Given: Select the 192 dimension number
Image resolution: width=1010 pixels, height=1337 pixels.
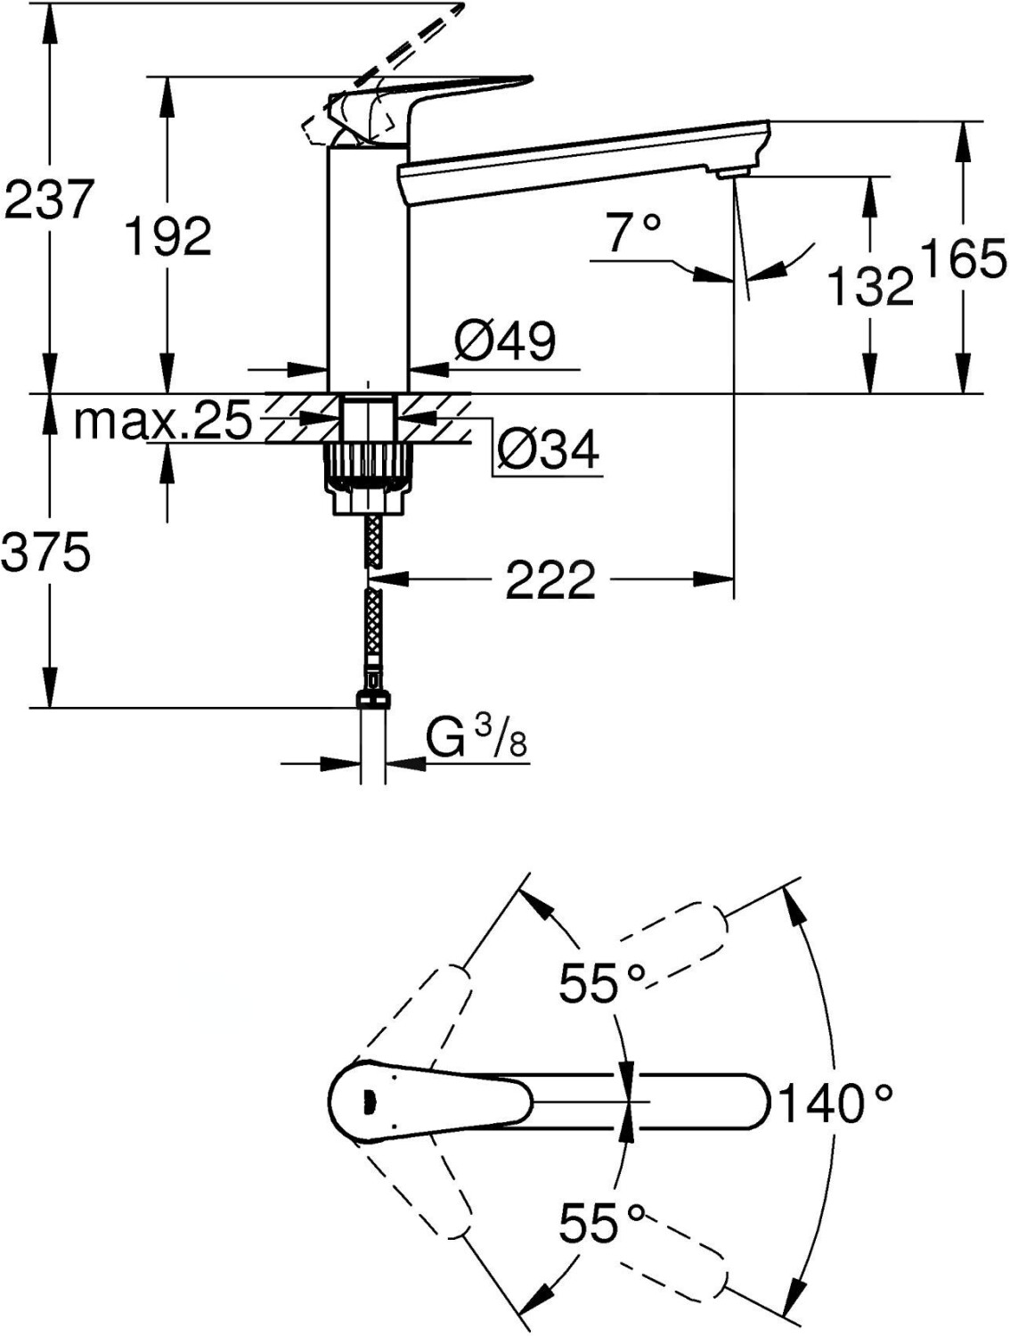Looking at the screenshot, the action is pyautogui.click(x=167, y=236).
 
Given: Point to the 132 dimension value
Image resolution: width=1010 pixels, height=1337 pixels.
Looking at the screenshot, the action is pyautogui.click(x=870, y=286).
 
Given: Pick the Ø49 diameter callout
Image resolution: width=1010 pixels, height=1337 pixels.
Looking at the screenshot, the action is pyautogui.click(x=504, y=340).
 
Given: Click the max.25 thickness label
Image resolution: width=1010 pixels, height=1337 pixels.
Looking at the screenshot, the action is pyautogui.click(x=163, y=422).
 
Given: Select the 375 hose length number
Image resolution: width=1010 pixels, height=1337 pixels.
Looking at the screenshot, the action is pyautogui.click(x=46, y=554).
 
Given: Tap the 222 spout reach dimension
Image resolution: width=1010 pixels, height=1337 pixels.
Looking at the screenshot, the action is pyautogui.click(x=550, y=580).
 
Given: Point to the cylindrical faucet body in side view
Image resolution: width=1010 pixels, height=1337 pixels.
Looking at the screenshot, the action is pyautogui.click(x=369, y=267).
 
